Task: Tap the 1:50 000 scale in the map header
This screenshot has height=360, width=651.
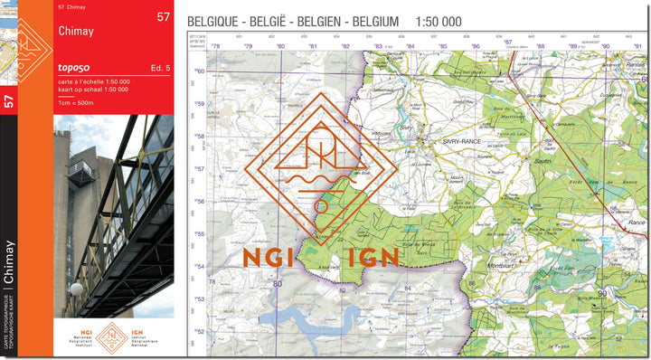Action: pyautogui.click(x=439, y=21)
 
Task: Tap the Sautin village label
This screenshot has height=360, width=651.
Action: pyautogui.click(x=542, y=158)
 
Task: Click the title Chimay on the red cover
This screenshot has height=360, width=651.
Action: pyautogui.click(x=76, y=32)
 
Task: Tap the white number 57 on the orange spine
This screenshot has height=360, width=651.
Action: pyautogui.click(x=9, y=101)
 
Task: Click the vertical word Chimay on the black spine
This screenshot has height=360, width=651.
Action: pyautogui.click(x=9, y=262)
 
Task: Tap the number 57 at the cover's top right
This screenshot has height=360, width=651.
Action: pyautogui.click(x=163, y=16)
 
